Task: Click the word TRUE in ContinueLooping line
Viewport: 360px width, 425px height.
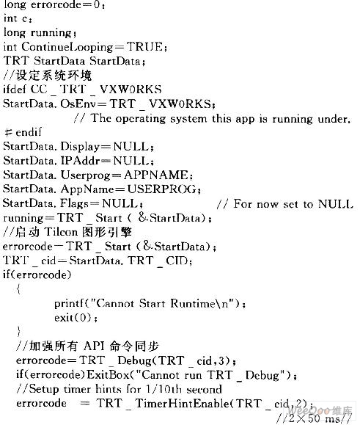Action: click(145, 47)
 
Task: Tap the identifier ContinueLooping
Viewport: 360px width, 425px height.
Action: click(67, 47)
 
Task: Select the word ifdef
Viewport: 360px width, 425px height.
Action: click(15, 89)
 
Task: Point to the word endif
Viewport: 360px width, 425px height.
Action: click(29, 132)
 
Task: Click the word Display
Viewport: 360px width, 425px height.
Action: click(80, 147)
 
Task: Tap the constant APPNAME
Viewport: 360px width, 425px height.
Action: click(155, 175)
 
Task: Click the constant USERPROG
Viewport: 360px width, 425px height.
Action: click(162, 189)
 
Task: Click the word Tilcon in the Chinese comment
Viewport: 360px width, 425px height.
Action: click(61, 232)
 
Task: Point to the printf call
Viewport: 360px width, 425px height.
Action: click(150, 304)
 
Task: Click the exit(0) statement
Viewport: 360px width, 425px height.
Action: click(76, 318)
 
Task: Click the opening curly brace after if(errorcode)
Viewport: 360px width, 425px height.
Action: click(18, 289)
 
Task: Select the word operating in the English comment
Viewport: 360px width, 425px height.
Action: click(141, 119)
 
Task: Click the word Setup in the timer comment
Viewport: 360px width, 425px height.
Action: click(43, 390)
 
